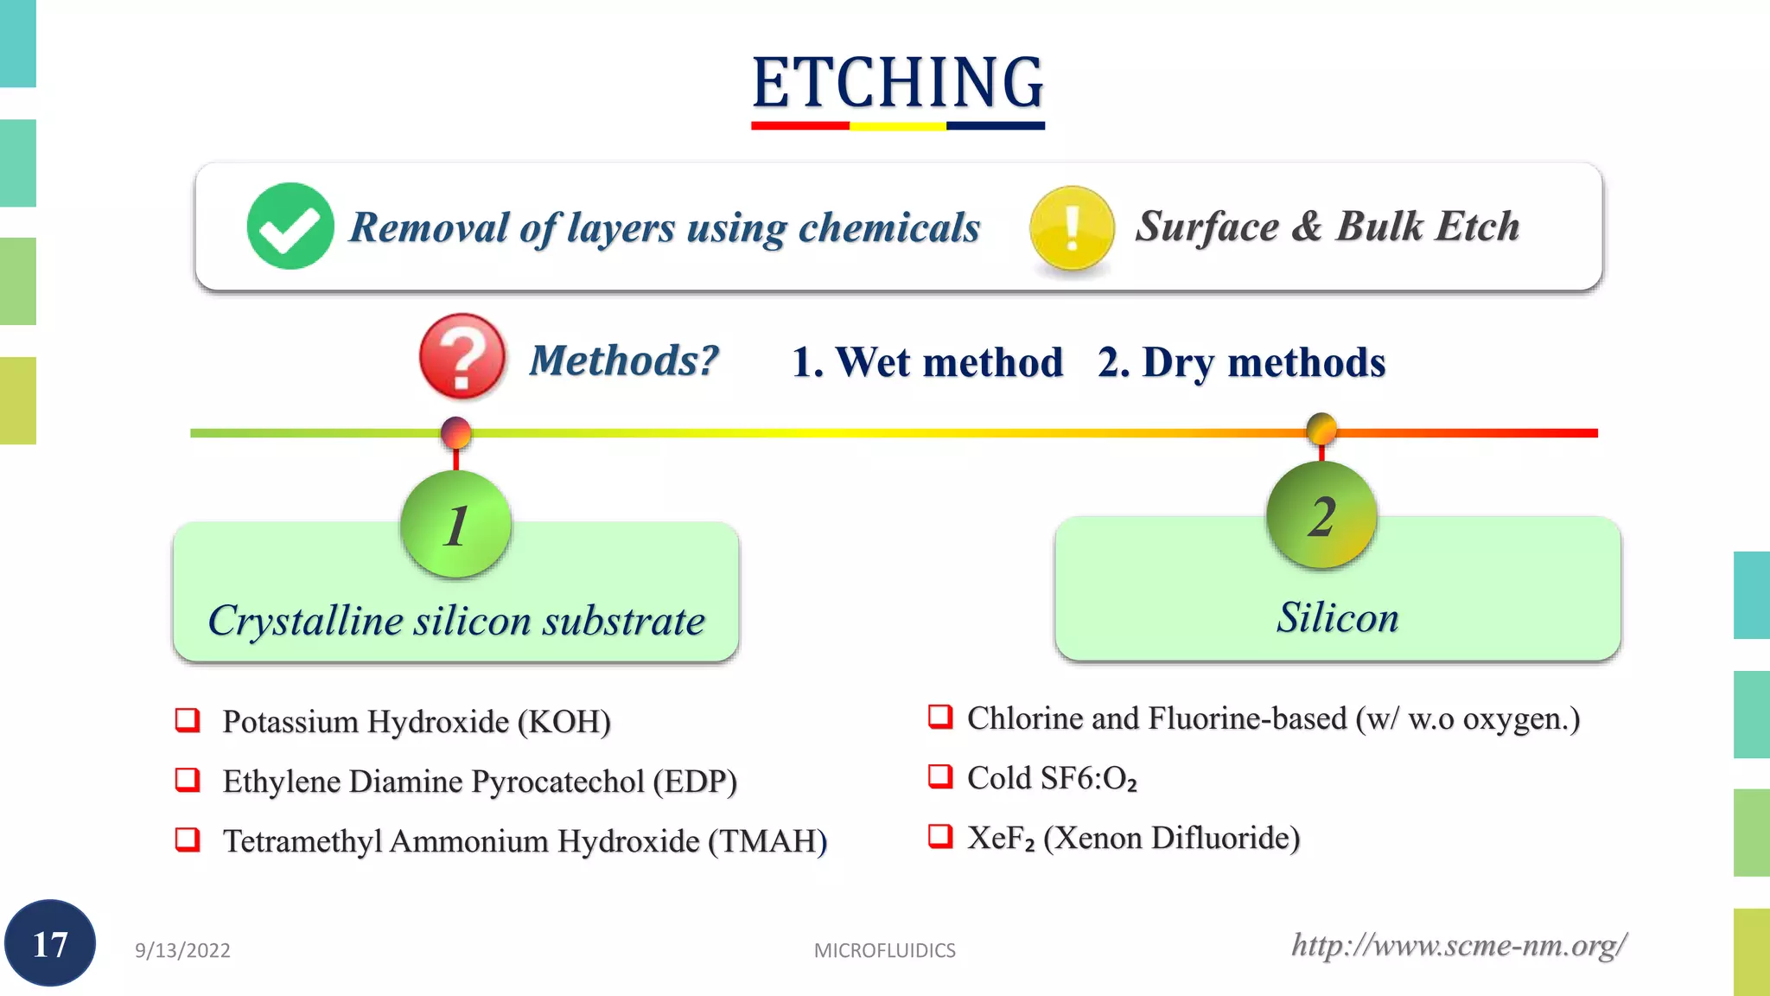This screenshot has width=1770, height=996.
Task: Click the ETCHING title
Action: (x=898, y=83)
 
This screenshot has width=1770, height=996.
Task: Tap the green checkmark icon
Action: (x=290, y=227)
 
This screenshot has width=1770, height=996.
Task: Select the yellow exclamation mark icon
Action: (x=1072, y=228)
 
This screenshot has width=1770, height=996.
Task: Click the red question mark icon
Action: (x=462, y=356)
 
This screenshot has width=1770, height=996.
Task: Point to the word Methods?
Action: (x=624, y=361)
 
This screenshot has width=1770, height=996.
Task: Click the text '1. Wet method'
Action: (x=927, y=362)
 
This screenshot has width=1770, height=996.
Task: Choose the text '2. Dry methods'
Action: (x=1241, y=362)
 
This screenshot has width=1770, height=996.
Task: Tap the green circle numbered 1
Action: (x=455, y=525)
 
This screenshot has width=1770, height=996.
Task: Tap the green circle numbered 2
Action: (x=1321, y=516)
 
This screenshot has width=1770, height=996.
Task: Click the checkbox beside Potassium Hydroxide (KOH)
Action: (x=188, y=720)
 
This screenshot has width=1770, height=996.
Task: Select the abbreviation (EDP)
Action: (x=695, y=782)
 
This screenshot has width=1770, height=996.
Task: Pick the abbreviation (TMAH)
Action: (x=767, y=841)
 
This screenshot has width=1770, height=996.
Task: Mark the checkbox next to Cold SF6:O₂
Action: (x=940, y=776)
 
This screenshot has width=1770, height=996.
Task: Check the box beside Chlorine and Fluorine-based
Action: (x=940, y=717)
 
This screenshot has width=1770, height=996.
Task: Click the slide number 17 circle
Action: (x=50, y=944)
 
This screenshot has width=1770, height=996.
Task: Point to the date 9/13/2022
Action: (x=182, y=950)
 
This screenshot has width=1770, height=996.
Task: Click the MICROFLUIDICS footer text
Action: (x=884, y=950)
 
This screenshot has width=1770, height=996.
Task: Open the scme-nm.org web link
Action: (x=1459, y=945)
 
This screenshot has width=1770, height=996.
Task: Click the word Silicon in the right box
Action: (x=1337, y=617)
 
